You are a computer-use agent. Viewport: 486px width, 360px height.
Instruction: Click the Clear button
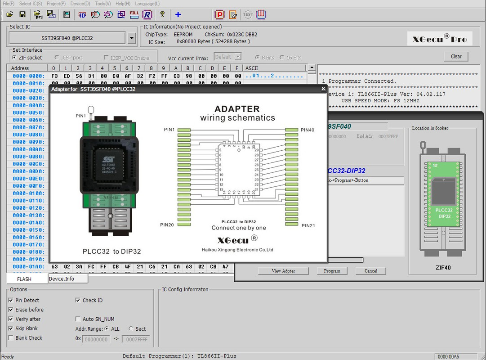pos(456,56)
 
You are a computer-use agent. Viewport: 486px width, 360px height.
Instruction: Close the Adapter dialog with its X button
pos(323,89)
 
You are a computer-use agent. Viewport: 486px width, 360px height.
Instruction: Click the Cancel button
pos(370,271)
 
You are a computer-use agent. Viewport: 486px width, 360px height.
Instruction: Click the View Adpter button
pos(283,271)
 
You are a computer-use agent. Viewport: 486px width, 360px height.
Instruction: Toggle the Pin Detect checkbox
pos(11,301)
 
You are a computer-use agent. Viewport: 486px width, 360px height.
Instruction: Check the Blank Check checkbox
pos(11,338)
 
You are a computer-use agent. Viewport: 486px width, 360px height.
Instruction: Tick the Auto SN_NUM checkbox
pos(78,319)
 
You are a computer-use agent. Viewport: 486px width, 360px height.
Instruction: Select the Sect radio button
pos(131,329)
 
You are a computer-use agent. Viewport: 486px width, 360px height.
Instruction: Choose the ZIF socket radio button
pos(14,58)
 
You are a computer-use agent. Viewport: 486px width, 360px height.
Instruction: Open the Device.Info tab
pos(62,279)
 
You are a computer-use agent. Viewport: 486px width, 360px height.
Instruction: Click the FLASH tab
pos(24,279)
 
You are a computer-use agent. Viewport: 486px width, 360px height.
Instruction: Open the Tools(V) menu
pos(103,4)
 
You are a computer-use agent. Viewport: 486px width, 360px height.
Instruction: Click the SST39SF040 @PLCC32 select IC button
pos(67,38)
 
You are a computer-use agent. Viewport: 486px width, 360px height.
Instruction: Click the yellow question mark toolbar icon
pos(162,14)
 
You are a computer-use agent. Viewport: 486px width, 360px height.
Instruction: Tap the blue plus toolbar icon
pos(178,14)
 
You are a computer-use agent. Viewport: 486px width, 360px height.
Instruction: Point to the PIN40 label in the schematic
pos(308,130)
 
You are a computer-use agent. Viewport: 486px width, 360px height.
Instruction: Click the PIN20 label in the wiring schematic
pos(167,225)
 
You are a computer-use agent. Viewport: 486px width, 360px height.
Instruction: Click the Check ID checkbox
pos(78,301)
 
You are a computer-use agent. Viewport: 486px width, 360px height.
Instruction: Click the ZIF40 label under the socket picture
pos(443,267)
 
